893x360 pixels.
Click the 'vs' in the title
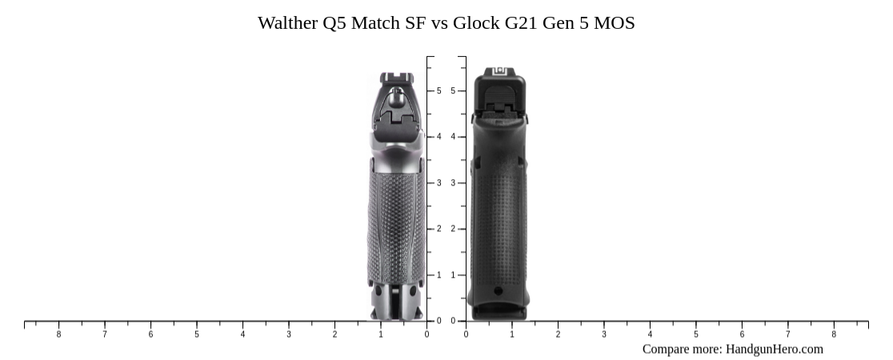[439, 23]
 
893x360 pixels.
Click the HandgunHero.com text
[774, 349]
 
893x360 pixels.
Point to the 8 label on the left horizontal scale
[58, 334]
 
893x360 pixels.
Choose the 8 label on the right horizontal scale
[834, 334]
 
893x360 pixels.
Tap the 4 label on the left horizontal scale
[242, 334]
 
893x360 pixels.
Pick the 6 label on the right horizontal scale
[742, 334]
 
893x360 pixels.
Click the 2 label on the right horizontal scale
[558, 334]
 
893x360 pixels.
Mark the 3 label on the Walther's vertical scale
[438, 183]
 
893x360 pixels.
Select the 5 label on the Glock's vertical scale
[453, 91]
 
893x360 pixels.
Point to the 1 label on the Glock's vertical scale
[453, 275]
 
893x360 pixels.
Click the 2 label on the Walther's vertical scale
[438, 230]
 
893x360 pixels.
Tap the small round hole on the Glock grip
[499, 291]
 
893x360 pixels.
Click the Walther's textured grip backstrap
[395, 224]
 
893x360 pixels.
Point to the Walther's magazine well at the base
[395, 302]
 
